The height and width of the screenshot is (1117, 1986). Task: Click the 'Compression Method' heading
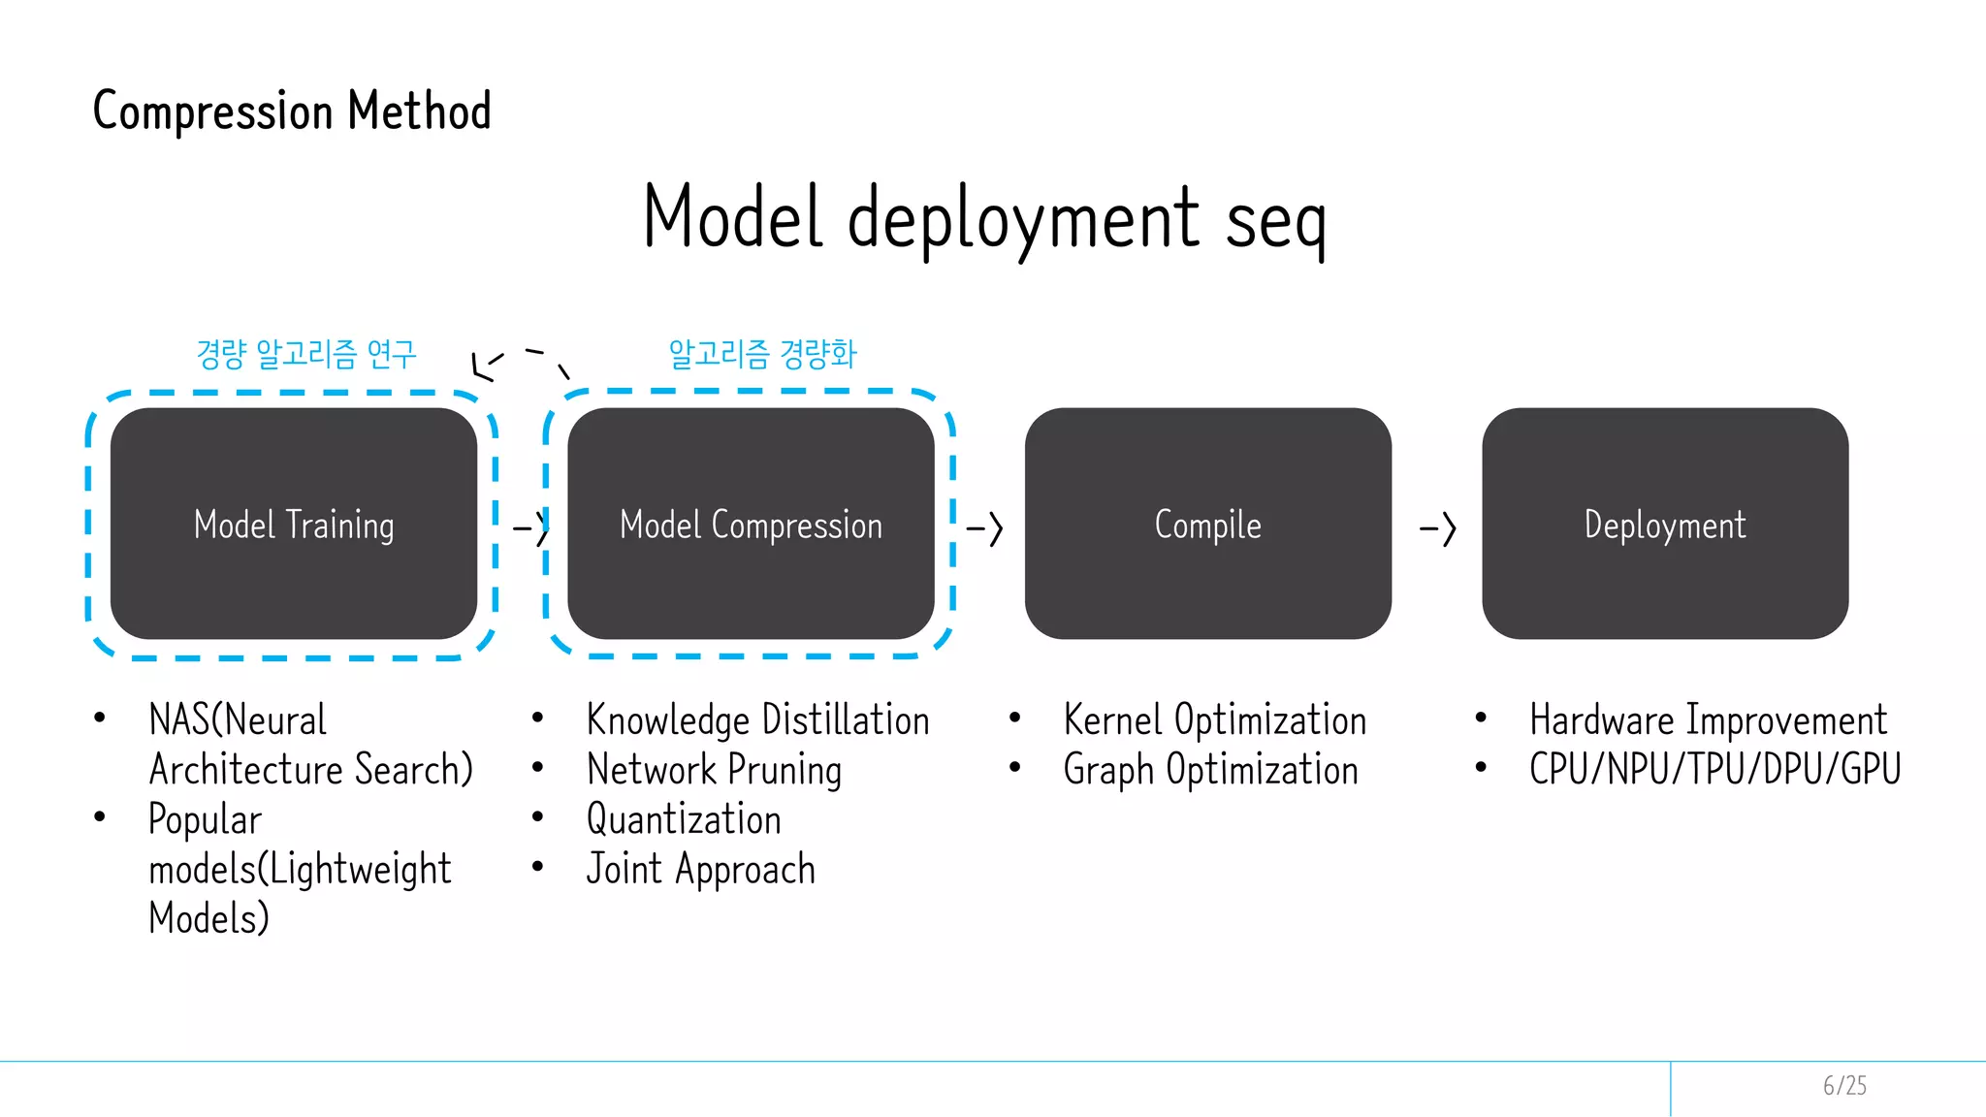(x=292, y=111)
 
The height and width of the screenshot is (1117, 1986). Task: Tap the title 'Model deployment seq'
(x=983, y=219)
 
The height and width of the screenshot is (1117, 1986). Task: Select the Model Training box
(x=294, y=524)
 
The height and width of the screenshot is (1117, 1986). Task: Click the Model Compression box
(x=751, y=524)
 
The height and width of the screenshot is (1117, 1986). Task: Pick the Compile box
(x=1207, y=524)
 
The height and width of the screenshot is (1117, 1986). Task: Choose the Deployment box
(x=1665, y=524)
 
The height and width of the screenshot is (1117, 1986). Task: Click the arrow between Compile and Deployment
(x=1438, y=529)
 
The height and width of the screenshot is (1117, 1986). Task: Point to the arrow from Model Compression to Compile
(x=984, y=529)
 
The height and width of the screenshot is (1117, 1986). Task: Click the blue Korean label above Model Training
(x=306, y=354)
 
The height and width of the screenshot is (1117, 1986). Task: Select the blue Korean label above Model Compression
(x=762, y=354)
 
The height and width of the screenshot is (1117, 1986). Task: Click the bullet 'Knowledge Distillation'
(x=757, y=720)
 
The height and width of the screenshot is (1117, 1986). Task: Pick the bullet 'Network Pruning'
(x=714, y=770)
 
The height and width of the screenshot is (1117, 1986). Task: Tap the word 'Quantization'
(x=684, y=819)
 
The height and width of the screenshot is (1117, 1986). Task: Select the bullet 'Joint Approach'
(x=700, y=869)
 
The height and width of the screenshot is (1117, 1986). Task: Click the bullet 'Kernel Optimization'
(x=1214, y=720)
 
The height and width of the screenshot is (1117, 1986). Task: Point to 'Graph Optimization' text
(x=1210, y=770)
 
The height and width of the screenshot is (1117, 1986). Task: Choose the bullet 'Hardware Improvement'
(x=1708, y=720)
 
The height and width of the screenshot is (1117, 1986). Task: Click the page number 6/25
(x=1844, y=1086)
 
